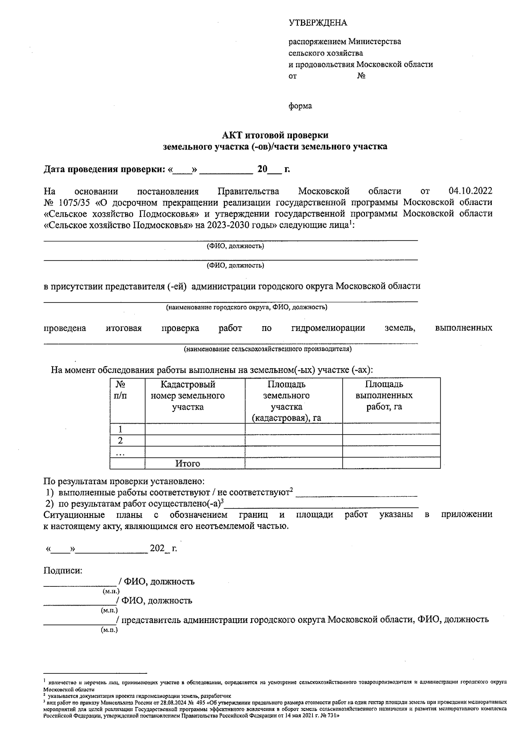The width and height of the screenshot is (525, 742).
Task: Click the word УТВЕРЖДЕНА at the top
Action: click(318, 23)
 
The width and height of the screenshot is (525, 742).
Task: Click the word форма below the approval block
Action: click(300, 106)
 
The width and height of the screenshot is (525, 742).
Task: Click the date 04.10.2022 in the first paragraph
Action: click(470, 191)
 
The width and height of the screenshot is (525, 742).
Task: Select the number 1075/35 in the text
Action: click(73, 202)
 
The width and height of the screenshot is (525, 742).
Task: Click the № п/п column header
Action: click(120, 390)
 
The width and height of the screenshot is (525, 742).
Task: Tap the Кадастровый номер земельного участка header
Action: click(188, 396)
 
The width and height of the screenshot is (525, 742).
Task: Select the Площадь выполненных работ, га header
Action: click(384, 396)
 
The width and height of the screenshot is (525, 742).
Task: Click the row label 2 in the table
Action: click(120, 440)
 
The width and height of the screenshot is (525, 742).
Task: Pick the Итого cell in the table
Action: click(188, 463)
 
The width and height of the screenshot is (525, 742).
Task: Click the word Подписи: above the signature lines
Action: click(63, 570)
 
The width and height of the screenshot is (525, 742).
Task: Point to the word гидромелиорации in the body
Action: click(328, 328)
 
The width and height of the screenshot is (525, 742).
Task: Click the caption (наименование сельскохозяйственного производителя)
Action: click(268, 349)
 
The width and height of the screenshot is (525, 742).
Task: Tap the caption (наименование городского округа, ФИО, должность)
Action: click(246, 307)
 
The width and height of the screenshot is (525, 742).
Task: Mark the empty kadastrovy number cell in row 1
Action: click(195, 429)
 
